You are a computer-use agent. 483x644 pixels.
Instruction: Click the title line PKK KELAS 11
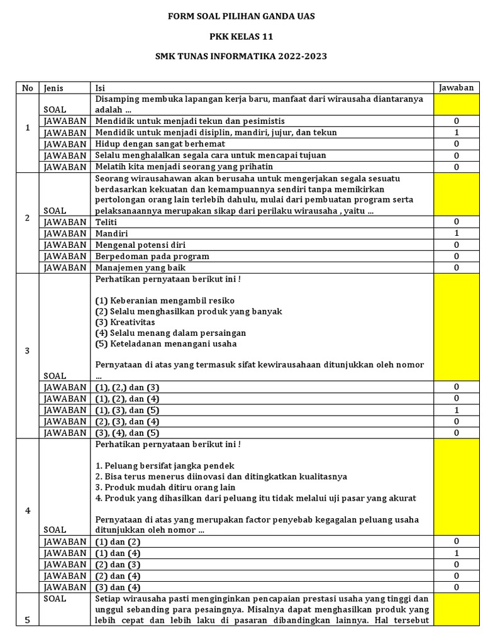pyautogui.click(x=241, y=36)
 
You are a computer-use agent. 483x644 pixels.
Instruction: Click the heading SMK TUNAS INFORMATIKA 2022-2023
pyautogui.click(x=241, y=56)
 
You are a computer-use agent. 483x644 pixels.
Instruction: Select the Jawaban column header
pyautogui.click(x=457, y=88)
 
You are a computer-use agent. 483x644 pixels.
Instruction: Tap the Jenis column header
pyautogui.click(x=54, y=88)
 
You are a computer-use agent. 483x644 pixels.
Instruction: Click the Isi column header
pyautogui.click(x=100, y=88)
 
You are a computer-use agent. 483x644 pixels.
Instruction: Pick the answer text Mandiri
pyautogui.click(x=111, y=233)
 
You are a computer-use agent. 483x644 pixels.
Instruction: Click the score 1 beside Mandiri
pyautogui.click(x=457, y=233)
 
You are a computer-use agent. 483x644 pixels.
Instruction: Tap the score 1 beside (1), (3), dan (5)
pyautogui.click(x=457, y=410)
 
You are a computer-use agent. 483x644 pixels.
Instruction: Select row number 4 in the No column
pyautogui.click(x=27, y=510)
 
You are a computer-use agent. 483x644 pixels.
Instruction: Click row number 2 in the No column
pyautogui.click(x=27, y=218)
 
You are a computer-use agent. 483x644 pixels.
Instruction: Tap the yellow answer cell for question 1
pyautogui.click(x=457, y=104)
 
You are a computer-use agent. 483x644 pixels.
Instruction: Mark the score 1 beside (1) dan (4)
pyautogui.click(x=457, y=553)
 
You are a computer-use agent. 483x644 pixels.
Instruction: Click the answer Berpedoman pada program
pyautogui.click(x=152, y=256)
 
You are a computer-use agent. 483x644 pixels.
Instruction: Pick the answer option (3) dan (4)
pyautogui.click(x=118, y=587)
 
